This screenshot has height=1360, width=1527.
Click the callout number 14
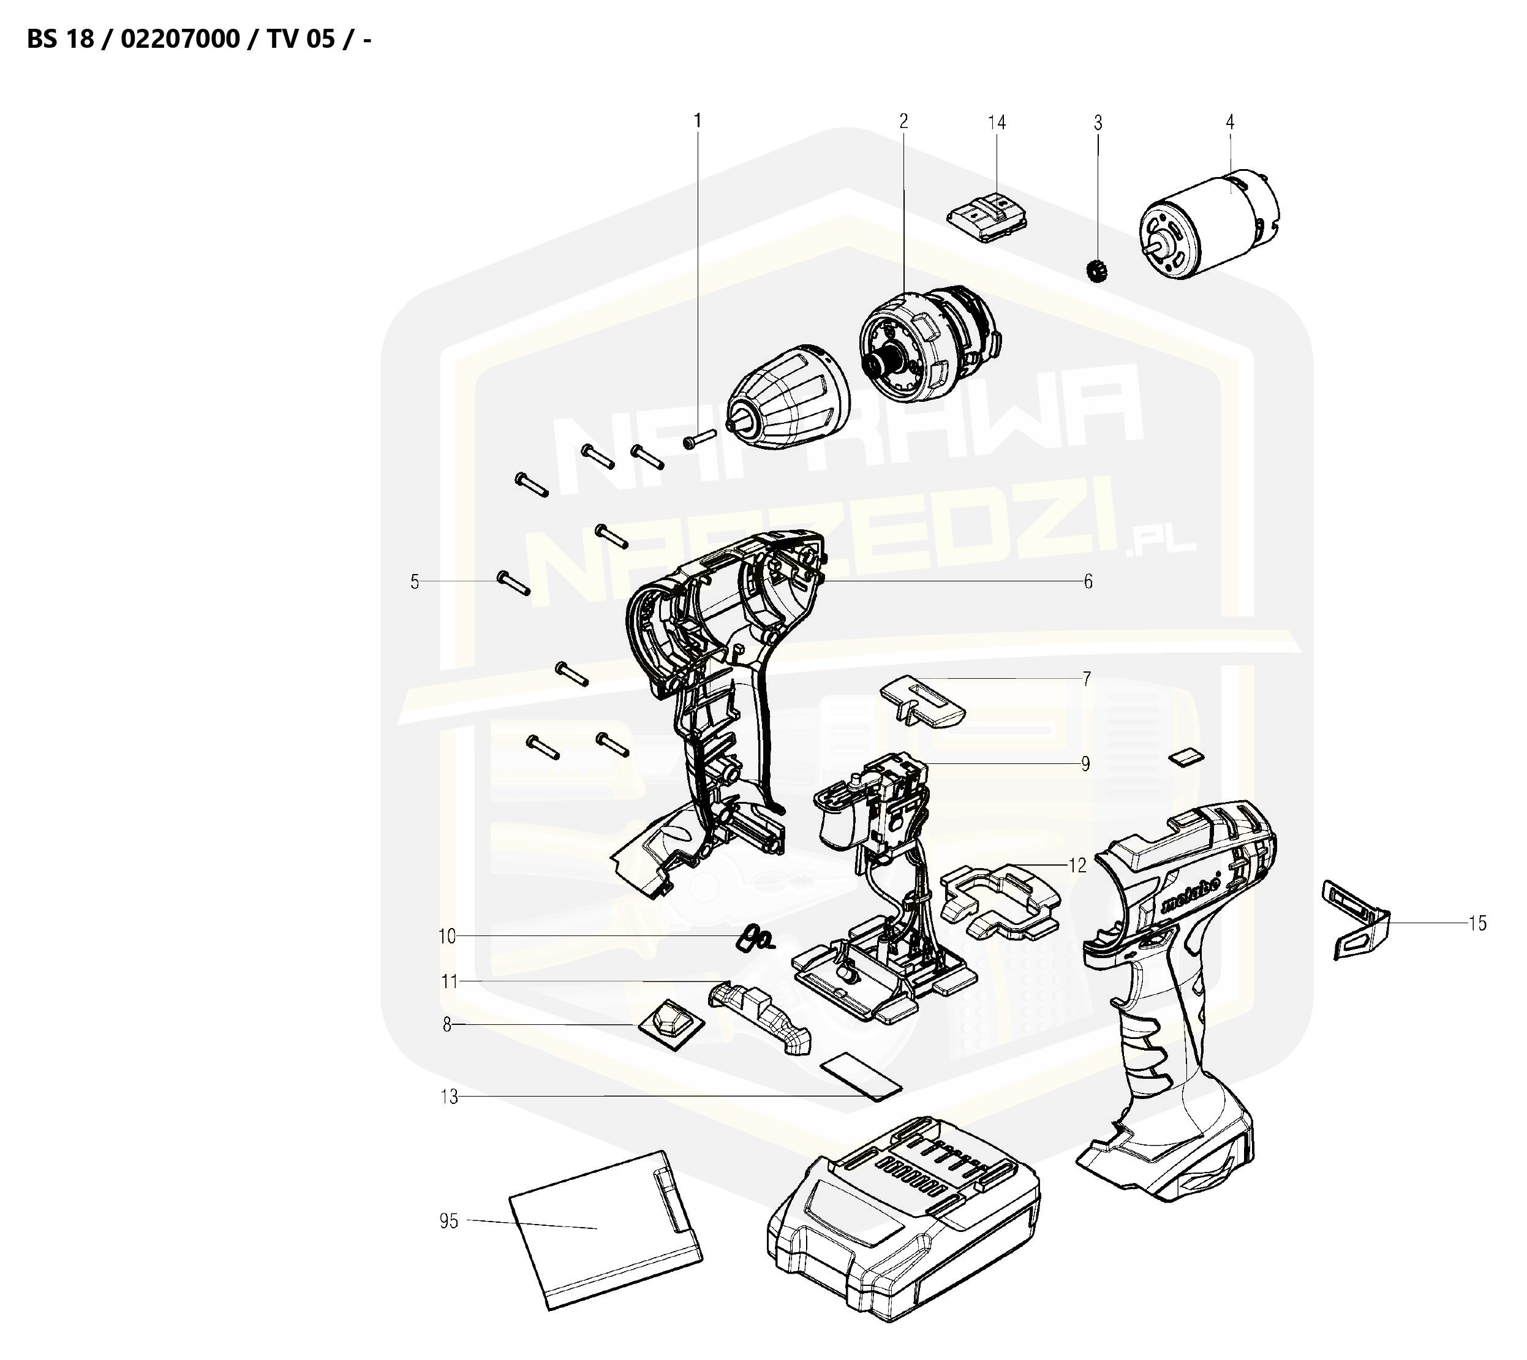pyautogui.click(x=997, y=123)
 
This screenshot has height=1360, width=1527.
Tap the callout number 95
pyautogui.click(x=448, y=1221)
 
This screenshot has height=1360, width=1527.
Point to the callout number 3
pyautogui.click(x=1098, y=123)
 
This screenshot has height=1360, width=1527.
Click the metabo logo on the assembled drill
pyautogui.click(x=1193, y=893)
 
